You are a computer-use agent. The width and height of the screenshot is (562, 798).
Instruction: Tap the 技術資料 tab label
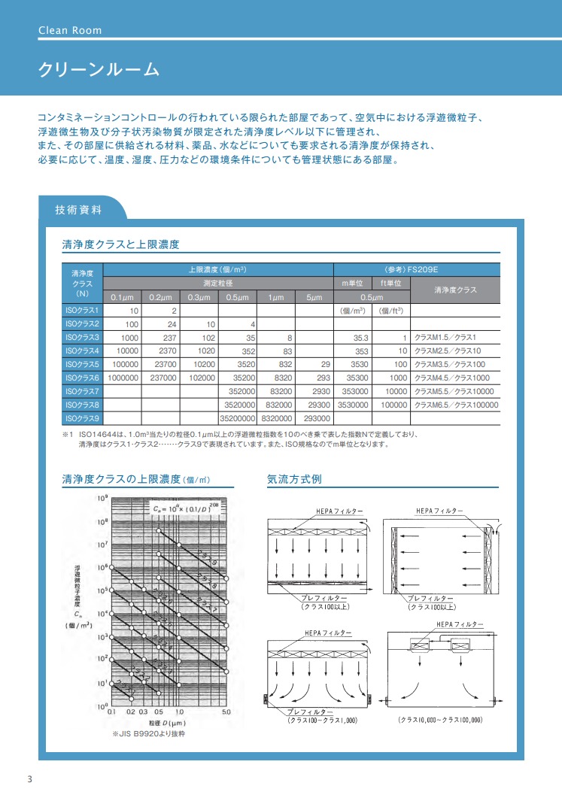point(79,210)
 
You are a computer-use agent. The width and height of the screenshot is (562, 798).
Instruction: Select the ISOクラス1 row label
point(82,310)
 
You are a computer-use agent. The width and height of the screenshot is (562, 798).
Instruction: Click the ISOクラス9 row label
point(82,417)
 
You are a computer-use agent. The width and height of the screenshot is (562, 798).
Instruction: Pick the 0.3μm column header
point(199,296)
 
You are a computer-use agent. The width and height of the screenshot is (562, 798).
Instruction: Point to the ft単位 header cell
point(391,283)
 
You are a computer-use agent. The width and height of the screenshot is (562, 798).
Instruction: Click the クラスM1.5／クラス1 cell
point(446,337)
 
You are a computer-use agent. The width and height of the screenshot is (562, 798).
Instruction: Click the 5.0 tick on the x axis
point(226,711)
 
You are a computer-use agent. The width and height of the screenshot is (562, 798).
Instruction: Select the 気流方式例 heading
point(294,479)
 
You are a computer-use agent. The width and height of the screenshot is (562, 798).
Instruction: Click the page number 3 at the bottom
point(29,778)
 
